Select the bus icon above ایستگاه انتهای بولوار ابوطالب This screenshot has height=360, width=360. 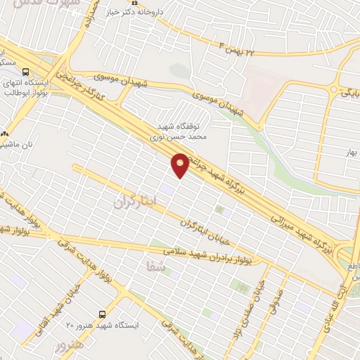pos(26,72)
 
